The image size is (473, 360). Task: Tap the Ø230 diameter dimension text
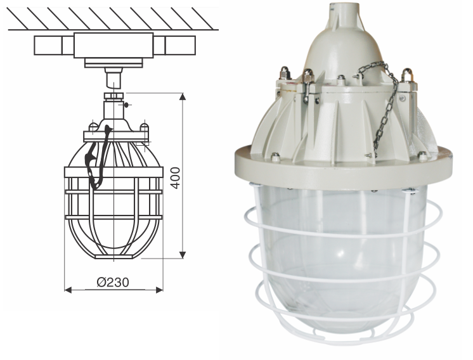pyautogui.click(x=114, y=282)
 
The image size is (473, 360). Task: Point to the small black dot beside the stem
pyautogui.click(x=127, y=105)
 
